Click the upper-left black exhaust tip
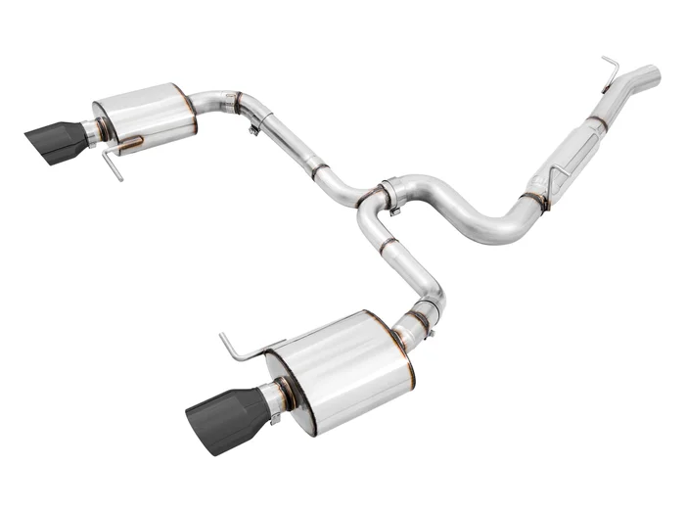click(x=56, y=143)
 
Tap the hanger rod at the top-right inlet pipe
click(x=611, y=70)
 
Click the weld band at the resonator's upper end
click(x=597, y=122)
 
